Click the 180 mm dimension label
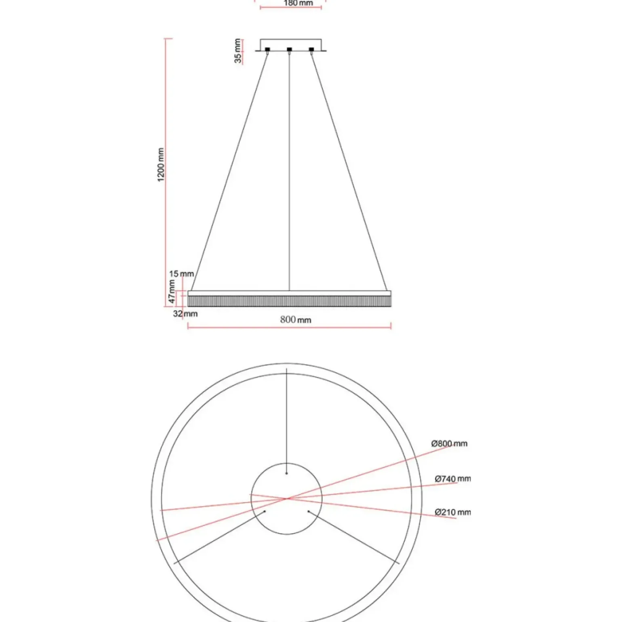pos(298,3)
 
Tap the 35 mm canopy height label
pos(238,51)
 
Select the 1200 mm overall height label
pos(161,165)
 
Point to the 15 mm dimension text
pos(181,274)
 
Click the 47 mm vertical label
pos(172,291)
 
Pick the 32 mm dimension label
pos(185,314)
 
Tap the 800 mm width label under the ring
pos(295,320)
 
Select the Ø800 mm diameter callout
pos(449,443)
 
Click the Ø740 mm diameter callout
pos(452,479)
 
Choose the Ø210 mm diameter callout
pos(452,512)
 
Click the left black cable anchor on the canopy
pos(267,50)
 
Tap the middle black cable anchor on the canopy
pos(289,50)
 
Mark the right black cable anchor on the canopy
pos(311,50)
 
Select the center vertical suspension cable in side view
pos(289,170)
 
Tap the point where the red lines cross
pos(287,499)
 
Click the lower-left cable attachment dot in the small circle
pos(265,511)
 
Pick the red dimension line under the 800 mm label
pos(289,326)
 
